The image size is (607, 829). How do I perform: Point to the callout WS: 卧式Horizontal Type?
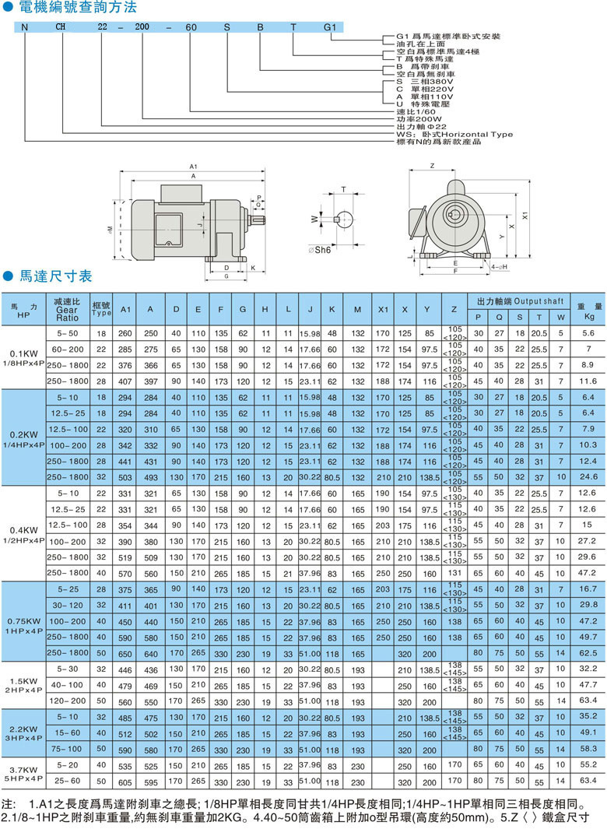(454, 135)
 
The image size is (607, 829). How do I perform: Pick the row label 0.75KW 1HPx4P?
(23, 626)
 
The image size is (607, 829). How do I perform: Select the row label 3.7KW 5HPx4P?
(23, 772)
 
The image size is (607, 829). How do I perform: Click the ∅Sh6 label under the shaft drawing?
(319, 251)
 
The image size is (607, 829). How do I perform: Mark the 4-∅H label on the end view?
(500, 266)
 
